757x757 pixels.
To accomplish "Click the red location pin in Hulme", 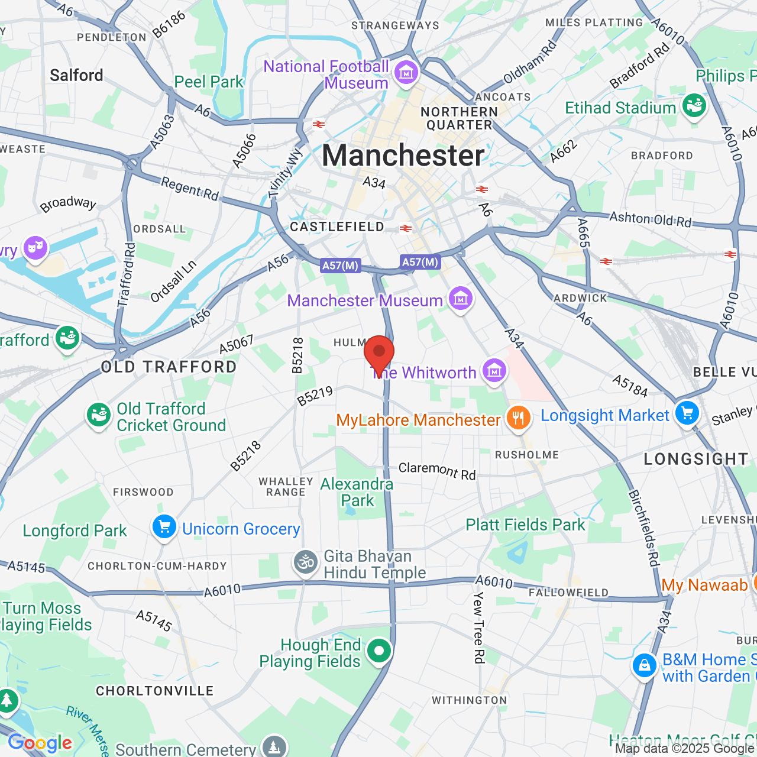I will [x=378, y=354].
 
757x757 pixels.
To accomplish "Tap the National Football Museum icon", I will [x=406, y=73].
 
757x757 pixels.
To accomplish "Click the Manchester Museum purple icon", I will [x=460, y=299].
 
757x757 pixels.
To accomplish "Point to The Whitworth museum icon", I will [x=494, y=371].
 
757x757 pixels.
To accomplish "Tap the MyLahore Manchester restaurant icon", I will [x=518, y=418].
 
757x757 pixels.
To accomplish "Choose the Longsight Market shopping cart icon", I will [x=687, y=413].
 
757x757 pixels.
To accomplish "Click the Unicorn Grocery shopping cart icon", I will [x=164, y=526].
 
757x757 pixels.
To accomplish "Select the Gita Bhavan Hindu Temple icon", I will [x=306, y=562].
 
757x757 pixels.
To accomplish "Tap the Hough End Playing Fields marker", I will [x=378, y=651].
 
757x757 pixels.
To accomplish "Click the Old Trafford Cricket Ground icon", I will [x=98, y=415].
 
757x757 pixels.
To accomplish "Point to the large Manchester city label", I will [x=403, y=156].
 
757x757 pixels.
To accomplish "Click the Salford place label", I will [x=76, y=75].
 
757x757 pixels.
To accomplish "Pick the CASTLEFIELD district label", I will [x=337, y=227].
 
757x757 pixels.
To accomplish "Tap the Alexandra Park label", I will [x=357, y=492].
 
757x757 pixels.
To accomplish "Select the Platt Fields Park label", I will [x=525, y=525].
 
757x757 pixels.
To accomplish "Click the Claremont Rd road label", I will [x=437, y=471].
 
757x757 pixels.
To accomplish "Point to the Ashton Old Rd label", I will [x=650, y=219].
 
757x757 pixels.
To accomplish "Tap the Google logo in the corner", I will [x=40, y=743].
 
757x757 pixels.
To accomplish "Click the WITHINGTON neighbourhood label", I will [x=470, y=700].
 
